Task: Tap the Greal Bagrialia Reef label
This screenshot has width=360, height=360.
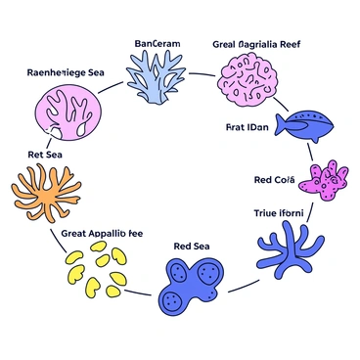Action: pyautogui.click(x=255, y=44)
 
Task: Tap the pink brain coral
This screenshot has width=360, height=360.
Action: pyautogui.click(x=246, y=80)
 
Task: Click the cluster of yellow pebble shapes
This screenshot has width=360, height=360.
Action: pyautogui.click(x=99, y=269)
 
